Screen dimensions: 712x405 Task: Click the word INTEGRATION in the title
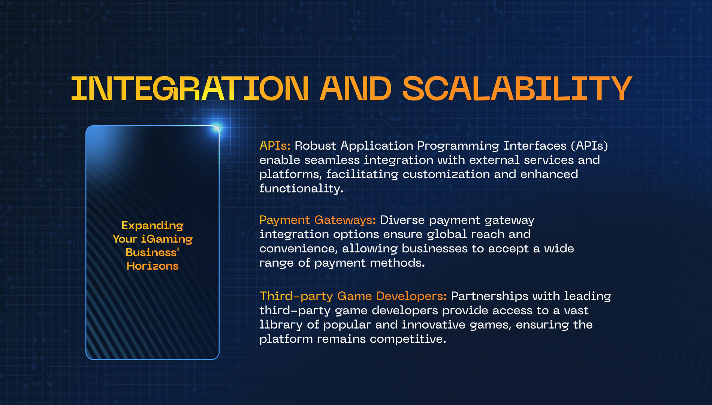coord(190,88)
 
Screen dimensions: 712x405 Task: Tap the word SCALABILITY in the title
coord(517,88)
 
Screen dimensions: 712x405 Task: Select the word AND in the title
coord(355,88)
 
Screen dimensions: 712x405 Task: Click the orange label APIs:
coord(275,145)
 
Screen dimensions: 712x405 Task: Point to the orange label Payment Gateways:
coord(317,220)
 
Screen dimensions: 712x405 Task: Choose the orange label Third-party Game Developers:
coord(353,296)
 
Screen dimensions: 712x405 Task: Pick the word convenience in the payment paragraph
coord(298,249)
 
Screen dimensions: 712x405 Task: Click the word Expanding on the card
coord(153,226)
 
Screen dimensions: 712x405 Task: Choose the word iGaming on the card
coord(167,239)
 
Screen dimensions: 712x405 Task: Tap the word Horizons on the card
coord(153,266)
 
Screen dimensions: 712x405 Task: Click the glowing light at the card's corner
coord(216,129)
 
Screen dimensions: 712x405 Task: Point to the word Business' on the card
coord(153,252)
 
